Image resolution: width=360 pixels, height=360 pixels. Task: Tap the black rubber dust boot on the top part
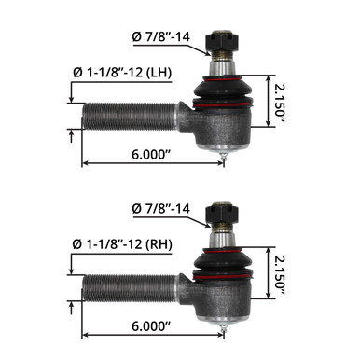pos(222,93)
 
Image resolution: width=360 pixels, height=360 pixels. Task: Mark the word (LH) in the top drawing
pos(160,72)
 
